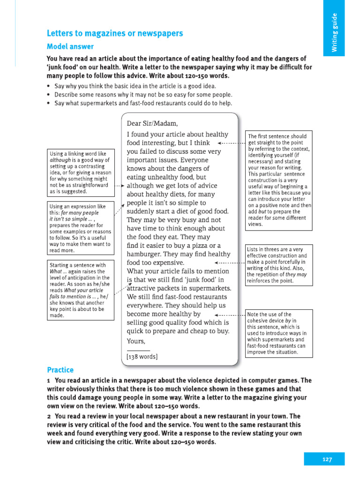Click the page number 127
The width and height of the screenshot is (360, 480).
point(327,459)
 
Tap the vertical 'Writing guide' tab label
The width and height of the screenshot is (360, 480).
point(334,33)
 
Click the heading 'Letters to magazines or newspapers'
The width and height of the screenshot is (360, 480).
point(115,33)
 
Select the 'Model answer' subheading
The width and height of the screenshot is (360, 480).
point(70,46)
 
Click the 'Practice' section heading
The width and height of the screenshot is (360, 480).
point(60,370)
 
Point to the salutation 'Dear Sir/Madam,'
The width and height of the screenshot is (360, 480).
point(152,124)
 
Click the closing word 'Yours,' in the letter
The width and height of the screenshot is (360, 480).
point(136,341)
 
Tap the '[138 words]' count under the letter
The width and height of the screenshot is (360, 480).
point(142,356)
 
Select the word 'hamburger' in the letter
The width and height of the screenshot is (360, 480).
point(143,254)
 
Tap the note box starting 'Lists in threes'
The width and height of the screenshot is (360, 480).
point(278,265)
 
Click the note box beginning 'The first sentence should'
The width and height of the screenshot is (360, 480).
point(278,180)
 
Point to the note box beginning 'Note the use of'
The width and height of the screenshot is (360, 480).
point(278,333)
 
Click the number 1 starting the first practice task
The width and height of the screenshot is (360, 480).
point(48,380)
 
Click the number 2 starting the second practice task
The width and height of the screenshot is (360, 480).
point(49,416)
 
